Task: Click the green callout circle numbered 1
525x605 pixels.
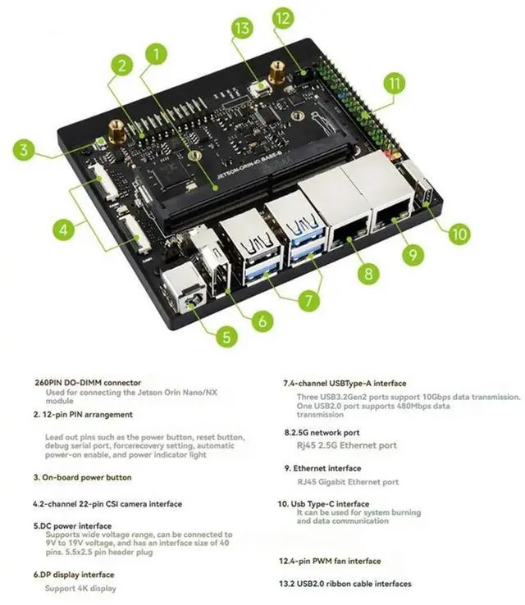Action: [x=153, y=56]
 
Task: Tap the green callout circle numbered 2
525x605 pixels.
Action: [x=121, y=66]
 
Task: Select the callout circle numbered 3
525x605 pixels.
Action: [x=25, y=150]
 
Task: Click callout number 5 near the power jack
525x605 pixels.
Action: [x=227, y=334]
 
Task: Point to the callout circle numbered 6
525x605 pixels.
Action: [x=262, y=321]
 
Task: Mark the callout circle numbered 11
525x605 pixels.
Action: [x=395, y=83]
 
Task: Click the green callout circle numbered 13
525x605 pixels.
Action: [x=241, y=29]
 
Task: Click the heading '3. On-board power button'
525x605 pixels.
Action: [x=82, y=476]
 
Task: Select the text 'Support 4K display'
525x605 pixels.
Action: [x=80, y=588]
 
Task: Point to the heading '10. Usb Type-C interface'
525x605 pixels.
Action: [x=323, y=503]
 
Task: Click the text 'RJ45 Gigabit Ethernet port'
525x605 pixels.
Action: [x=348, y=482]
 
